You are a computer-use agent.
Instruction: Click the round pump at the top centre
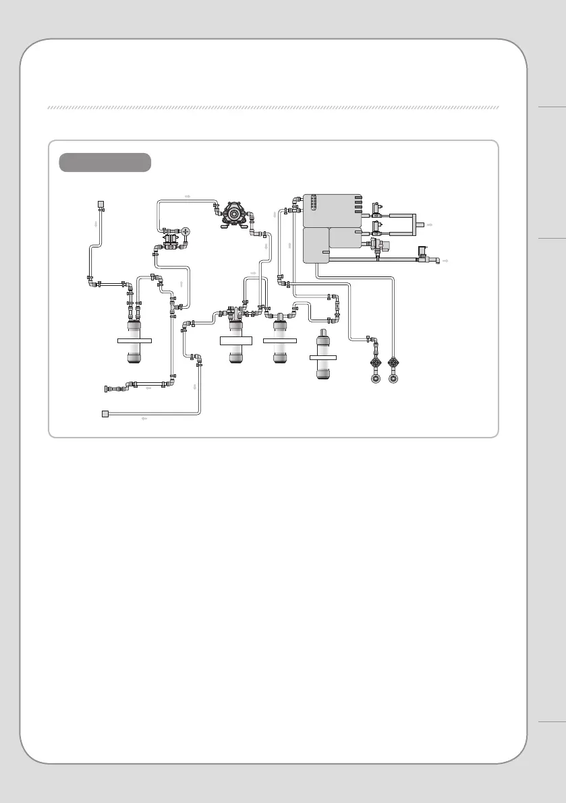pyautogui.click(x=233, y=212)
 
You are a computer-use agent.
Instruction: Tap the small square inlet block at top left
pyautogui.click(x=101, y=204)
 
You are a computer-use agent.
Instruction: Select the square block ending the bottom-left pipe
pyautogui.click(x=105, y=413)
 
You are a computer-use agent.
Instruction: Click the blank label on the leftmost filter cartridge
pyautogui.click(x=134, y=341)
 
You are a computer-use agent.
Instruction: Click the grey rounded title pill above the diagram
pyautogui.click(x=105, y=162)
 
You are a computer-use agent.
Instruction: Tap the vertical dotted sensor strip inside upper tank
pyautogui.click(x=312, y=205)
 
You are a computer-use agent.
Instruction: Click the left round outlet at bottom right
pyautogui.click(x=376, y=378)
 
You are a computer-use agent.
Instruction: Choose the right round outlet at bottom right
pyautogui.click(x=395, y=378)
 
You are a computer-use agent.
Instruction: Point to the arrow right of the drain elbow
pyautogui.click(x=445, y=260)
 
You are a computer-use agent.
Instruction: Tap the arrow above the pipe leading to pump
pyautogui.click(x=187, y=196)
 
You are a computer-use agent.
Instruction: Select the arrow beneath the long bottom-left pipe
pyautogui.click(x=144, y=419)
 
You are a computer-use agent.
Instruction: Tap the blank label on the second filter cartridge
pyautogui.click(x=235, y=341)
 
